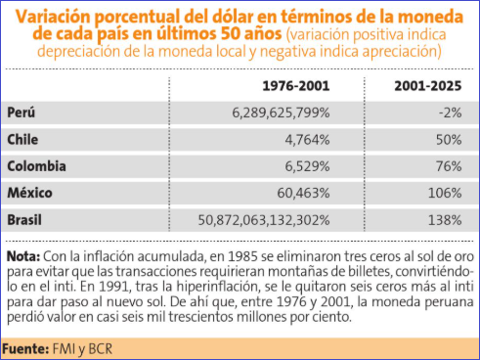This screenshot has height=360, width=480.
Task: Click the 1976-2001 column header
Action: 296,86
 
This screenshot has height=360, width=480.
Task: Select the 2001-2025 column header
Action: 428,86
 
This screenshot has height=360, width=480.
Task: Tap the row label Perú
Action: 22,112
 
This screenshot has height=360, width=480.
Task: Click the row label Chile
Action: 22,139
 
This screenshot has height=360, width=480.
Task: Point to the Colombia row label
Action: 36,166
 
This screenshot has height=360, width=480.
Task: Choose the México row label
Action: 29,193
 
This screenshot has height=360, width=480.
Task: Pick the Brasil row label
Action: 24,219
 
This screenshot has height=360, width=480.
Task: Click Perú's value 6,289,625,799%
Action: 281,112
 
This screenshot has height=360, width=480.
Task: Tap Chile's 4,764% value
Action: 307,140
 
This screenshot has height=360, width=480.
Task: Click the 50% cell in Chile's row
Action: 449,140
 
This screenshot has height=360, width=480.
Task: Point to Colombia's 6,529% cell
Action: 307,166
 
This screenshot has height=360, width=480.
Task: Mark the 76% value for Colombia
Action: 449,166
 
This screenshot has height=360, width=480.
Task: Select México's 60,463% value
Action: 303,193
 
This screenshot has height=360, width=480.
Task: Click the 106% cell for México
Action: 445,193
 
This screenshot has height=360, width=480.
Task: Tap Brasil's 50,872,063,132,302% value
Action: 264,220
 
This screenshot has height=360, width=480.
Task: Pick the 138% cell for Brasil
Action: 445,220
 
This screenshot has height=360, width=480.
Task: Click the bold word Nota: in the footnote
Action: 23,256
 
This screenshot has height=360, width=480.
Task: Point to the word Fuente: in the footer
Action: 25,349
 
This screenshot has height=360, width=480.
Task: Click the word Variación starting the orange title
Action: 54,17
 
